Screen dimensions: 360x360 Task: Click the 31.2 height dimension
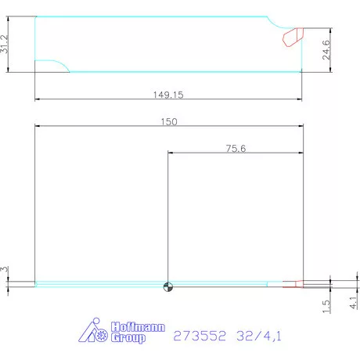coord(5,44)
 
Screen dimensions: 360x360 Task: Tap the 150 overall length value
coord(169,121)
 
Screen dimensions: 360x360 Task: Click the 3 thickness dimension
coord(5,269)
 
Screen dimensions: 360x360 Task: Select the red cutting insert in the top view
coord(293,35)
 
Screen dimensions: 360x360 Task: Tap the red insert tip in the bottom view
coord(293,284)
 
